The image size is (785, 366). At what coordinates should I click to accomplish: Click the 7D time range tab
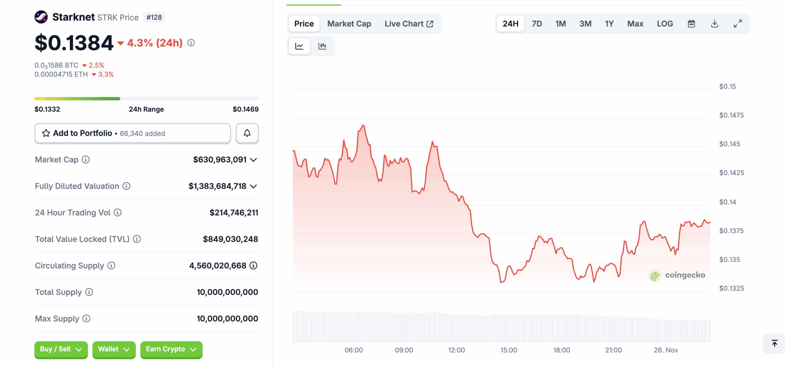point(537,24)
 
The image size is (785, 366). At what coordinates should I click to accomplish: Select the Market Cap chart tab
point(349,24)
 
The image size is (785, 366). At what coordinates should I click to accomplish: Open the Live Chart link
point(409,24)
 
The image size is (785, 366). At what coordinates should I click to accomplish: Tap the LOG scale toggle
point(664,24)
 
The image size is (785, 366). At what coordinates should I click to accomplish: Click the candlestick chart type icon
point(322,46)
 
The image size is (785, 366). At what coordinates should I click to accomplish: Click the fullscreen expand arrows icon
point(738,24)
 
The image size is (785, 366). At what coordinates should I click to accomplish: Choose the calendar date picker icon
point(691,24)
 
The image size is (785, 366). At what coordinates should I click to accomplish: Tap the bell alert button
point(247,133)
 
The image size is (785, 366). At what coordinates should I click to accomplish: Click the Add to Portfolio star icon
point(46,133)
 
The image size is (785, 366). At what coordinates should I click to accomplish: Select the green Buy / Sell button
point(61,349)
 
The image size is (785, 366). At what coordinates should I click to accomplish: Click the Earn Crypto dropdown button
point(171,349)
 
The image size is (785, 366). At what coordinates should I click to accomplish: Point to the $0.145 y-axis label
point(729,144)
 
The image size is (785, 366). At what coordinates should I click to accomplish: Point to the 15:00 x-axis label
point(509,350)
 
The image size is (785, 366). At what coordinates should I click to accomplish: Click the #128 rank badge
point(154,17)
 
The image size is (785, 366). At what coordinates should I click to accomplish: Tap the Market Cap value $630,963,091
point(220,160)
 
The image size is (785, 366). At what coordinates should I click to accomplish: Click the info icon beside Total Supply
point(89,292)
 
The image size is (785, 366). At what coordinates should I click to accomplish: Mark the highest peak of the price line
point(363,125)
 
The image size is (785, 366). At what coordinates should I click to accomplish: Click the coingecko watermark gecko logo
point(655,275)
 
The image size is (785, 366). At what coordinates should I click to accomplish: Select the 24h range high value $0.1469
point(245,109)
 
